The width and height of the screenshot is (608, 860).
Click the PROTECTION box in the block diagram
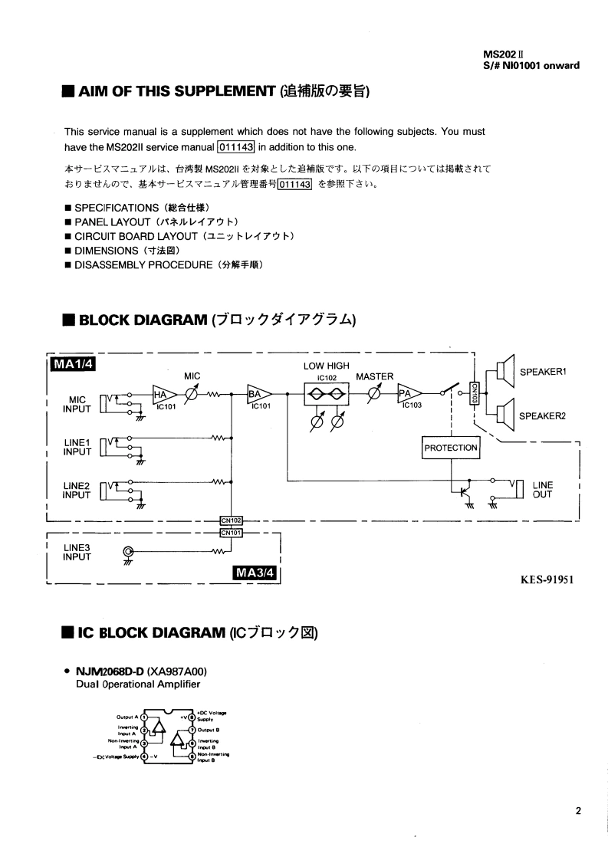click(x=451, y=448)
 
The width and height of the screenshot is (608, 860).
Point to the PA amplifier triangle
click(x=408, y=394)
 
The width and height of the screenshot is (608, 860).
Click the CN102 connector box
click(x=231, y=521)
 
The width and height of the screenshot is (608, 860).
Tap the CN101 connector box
click(x=231, y=532)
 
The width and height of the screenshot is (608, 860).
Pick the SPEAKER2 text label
click(x=542, y=417)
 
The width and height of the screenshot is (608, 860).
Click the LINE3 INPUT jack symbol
click(x=128, y=551)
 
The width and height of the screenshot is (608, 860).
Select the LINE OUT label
click(x=542, y=490)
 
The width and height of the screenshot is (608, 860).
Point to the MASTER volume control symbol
click(x=375, y=394)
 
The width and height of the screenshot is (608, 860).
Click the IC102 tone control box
click(x=327, y=395)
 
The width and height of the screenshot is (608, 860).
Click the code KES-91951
click(x=547, y=579)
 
